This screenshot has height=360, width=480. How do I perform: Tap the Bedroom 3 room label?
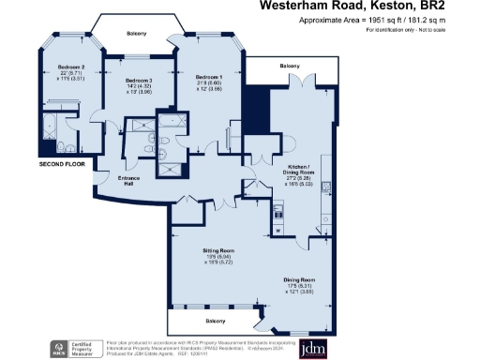[138, 82]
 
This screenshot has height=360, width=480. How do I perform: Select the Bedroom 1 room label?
[208, 76]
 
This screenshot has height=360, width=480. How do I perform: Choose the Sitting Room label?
[217, 251]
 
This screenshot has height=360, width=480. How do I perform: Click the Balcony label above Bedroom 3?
[137, 34]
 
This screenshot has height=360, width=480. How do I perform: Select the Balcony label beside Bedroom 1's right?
[290, 67]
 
